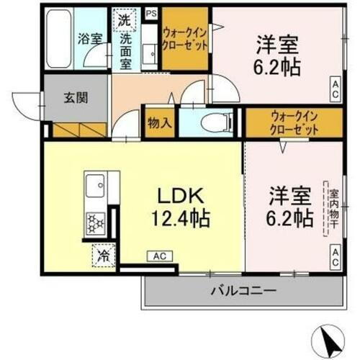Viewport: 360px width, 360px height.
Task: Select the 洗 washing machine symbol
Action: pos(124,17)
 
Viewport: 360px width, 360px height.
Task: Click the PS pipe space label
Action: pos(150,13)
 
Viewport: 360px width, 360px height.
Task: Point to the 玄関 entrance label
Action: pos(63,98)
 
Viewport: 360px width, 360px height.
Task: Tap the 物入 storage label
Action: pos(159,122)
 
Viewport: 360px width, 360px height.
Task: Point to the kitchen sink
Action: pos(95,189)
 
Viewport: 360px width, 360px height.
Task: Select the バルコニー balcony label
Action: pos(243,292)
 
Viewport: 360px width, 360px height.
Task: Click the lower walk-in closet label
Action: pos(295,123)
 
